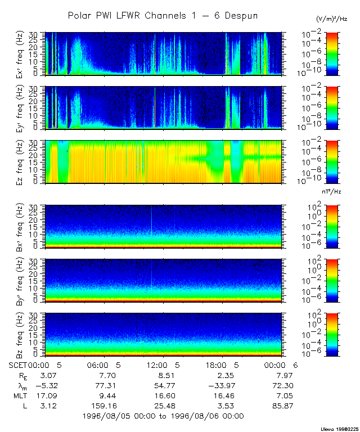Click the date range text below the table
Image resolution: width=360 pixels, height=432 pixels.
[x=163, y=416]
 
